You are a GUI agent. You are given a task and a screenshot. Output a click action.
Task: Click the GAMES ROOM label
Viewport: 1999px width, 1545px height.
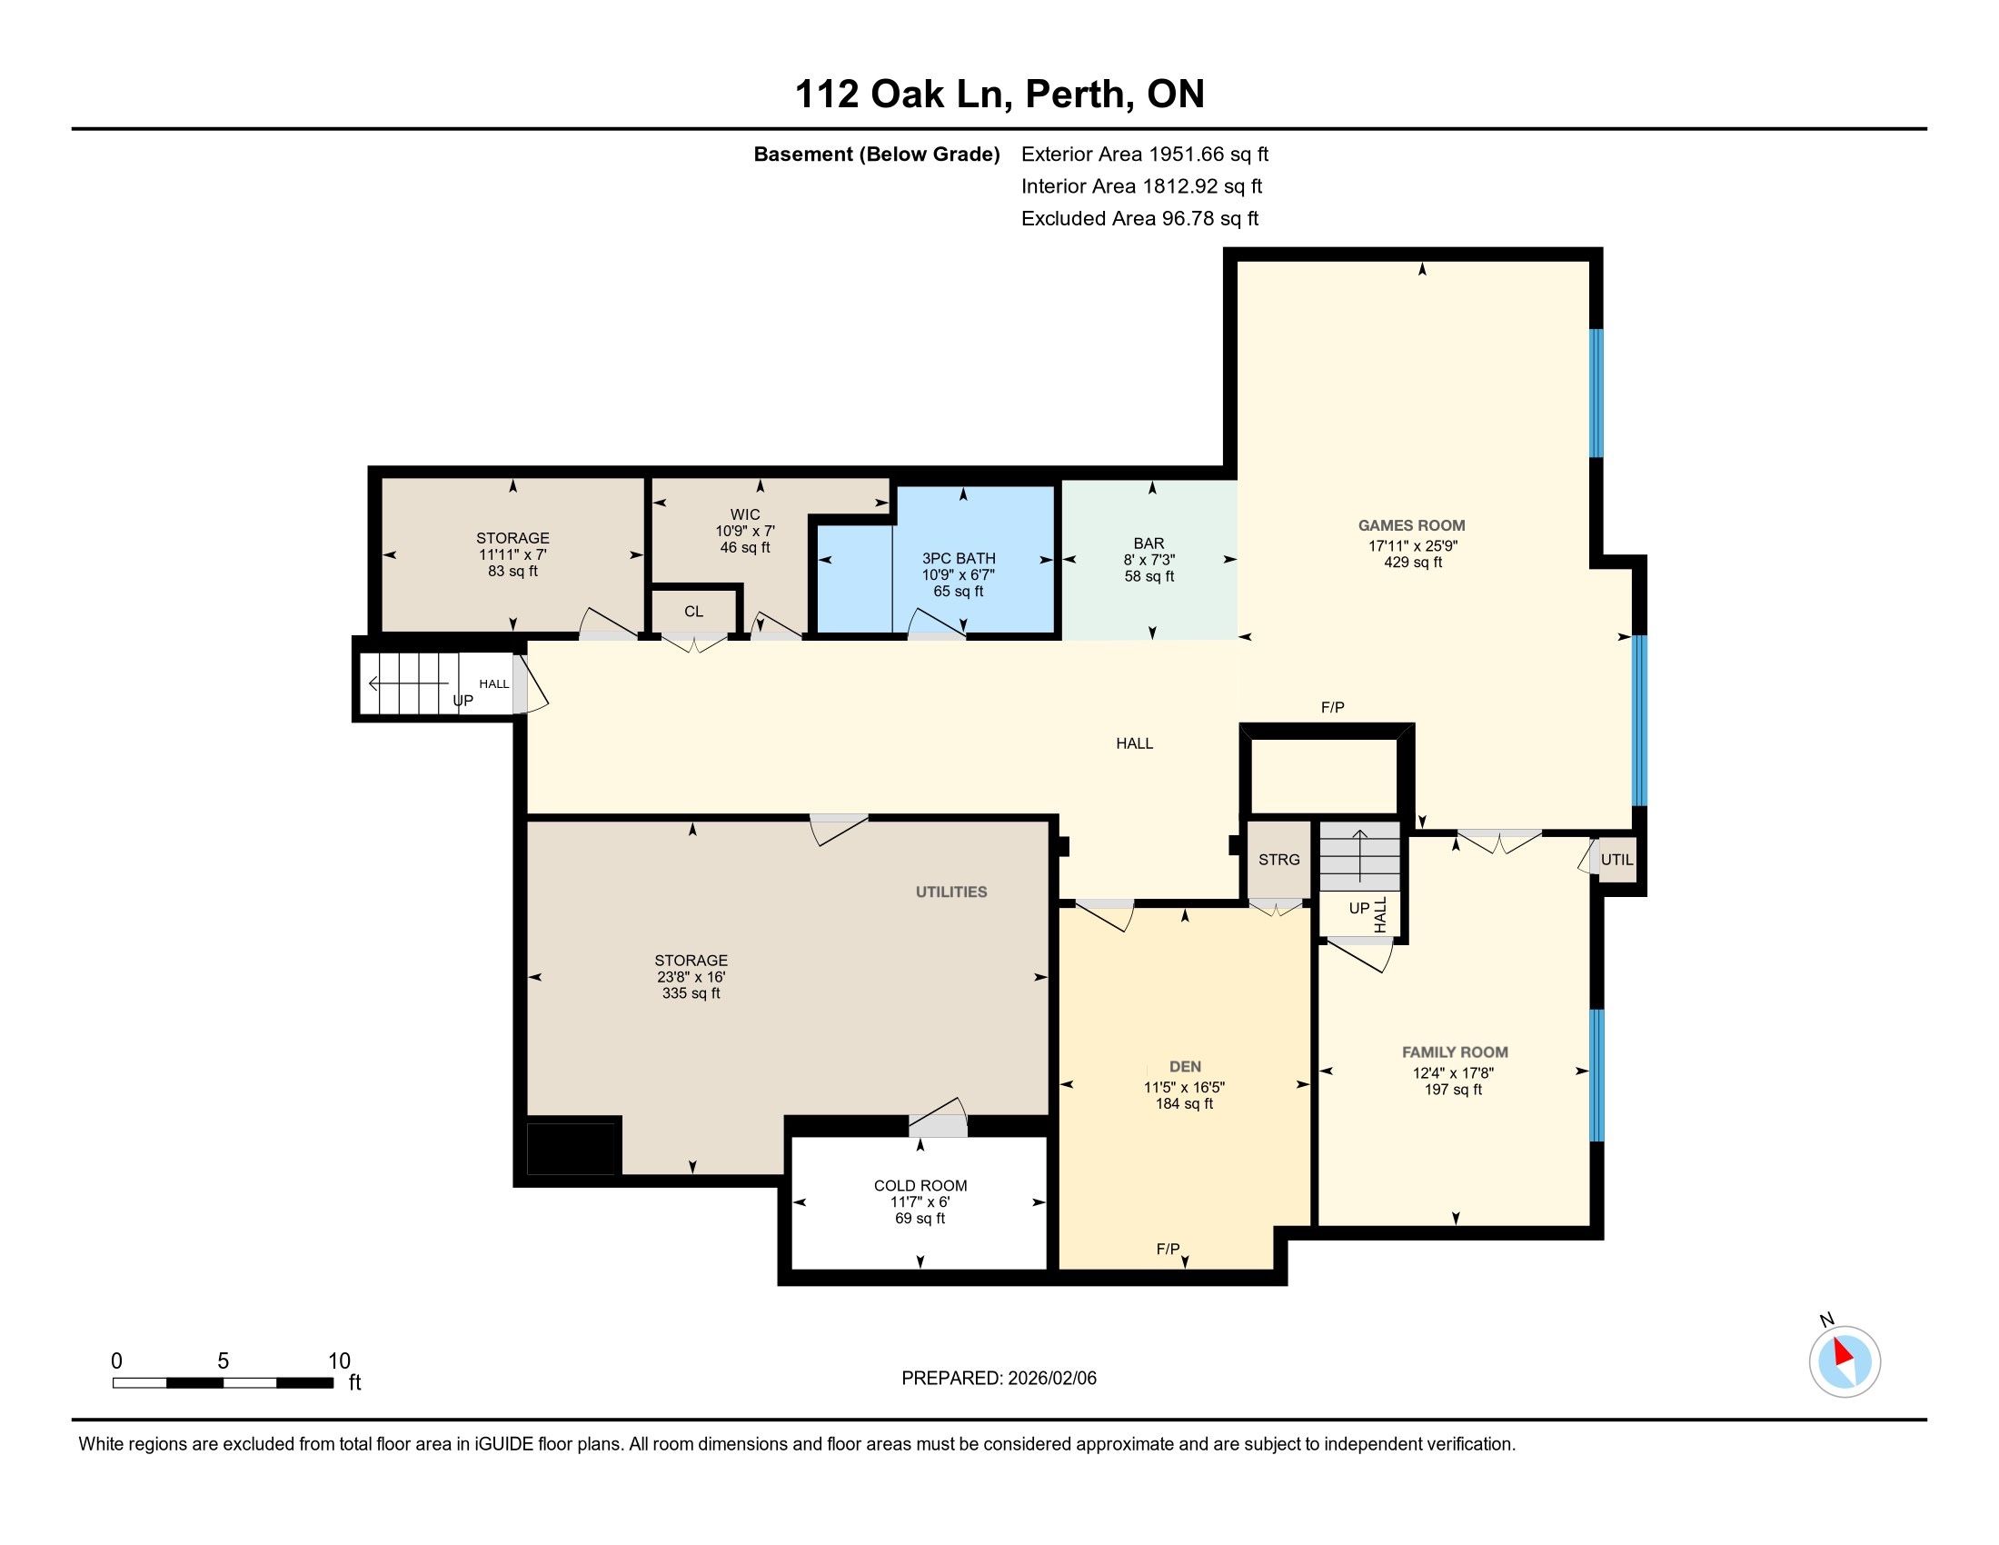click(1411, 525)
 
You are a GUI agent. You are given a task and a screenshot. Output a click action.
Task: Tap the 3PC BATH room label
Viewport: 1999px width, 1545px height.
click(959, 558)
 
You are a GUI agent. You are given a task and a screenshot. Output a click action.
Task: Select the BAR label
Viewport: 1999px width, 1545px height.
click(1149, 543)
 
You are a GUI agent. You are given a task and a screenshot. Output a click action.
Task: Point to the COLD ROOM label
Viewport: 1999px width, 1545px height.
click(920, 1185)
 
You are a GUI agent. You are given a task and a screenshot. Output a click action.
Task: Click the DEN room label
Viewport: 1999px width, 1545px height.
click(1185, 1066)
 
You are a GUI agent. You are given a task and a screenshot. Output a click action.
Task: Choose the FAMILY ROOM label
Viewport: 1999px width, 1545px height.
click(1456, 1052)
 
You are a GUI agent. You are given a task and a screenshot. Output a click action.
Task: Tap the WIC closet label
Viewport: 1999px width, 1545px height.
click(745, 514)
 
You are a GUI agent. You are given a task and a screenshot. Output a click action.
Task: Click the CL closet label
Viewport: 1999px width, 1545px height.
click(694, 612)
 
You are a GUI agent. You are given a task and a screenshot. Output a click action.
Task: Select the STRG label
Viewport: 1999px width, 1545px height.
click(1278, 860)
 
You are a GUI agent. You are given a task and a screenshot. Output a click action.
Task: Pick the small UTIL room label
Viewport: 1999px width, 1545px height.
click(1616, 860)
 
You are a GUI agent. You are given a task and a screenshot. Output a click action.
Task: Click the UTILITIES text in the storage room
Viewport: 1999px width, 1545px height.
click(952, 892)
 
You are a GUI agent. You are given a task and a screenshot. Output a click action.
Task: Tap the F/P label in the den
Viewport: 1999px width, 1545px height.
click(1168, 1249)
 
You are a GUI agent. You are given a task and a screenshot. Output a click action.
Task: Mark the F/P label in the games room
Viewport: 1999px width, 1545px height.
click(1333, 707)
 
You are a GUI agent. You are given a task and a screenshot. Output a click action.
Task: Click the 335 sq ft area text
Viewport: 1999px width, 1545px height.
click(691, 993)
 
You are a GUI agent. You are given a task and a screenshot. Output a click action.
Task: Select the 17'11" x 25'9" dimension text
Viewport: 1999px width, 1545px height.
click(1413, 545)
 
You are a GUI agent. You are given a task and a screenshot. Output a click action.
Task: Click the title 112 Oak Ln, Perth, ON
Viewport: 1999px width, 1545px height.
click(999, 94)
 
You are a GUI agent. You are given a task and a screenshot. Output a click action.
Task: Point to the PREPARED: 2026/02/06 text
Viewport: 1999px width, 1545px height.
click(999, 1379)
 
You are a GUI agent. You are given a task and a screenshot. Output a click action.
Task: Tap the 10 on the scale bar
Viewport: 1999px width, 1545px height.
click(340, 1361)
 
